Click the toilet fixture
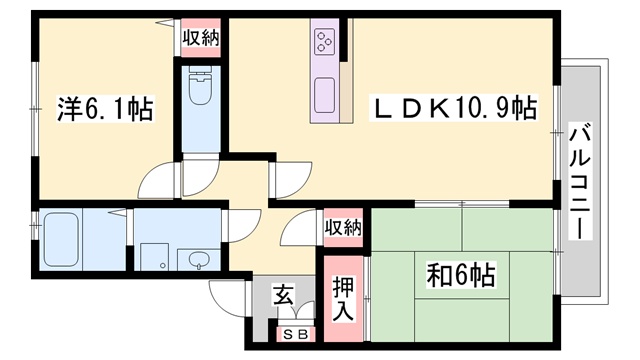click(x=200, y=87)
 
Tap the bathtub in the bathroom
click(x=61, y=239)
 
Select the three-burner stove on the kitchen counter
click(x=325, y=42)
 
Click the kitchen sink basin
click(x=325, y=96)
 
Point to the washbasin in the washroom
click(x=199, y=259)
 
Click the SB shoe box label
click(x=296, y=335)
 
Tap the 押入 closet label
click(x=343, y=298)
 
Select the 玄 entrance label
click(x=283, y=295)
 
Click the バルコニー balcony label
click(x=580, y=181)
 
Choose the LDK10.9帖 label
click(x=453, y=108)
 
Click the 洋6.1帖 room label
click(x=105, y=109)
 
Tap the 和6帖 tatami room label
click(x=461, y=275)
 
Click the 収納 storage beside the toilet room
click(x=201, y=38)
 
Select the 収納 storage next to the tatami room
click(x=343, y=227)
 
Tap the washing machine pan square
click(x=154, y=257)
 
